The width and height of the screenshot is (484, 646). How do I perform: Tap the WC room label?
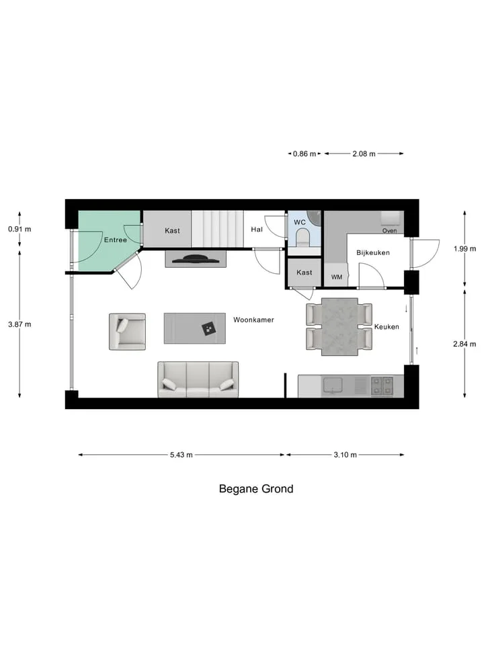(300, 223)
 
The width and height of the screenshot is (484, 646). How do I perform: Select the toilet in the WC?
(303, 238)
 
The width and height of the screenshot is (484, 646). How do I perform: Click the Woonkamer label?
(253, 320)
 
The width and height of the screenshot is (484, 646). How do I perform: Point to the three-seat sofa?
(198, 380)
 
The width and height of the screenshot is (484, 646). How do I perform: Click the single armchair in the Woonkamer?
(127, 332)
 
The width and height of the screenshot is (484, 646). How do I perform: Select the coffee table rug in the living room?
(195, 328)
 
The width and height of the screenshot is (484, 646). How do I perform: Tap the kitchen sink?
(333, 385)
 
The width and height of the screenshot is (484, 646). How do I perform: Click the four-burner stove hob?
(382, 386)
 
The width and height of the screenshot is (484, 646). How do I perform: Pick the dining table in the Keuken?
(339, 327)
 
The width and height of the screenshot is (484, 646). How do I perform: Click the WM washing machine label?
(337, 277)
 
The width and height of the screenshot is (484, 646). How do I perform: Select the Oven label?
(389, 231)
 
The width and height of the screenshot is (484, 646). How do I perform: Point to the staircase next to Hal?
(217, 229)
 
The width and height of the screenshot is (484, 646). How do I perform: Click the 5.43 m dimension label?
(181, 455)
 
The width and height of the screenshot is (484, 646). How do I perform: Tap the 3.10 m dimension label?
(345, 455)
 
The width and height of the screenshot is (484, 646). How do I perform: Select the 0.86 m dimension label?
(305, 154)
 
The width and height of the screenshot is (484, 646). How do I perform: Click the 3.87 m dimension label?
(19, 324)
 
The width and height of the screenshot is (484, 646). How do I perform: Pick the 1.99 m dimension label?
(465, 249)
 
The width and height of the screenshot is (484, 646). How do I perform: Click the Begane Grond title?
(256, 489)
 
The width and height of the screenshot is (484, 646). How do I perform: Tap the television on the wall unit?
(196, 258)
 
